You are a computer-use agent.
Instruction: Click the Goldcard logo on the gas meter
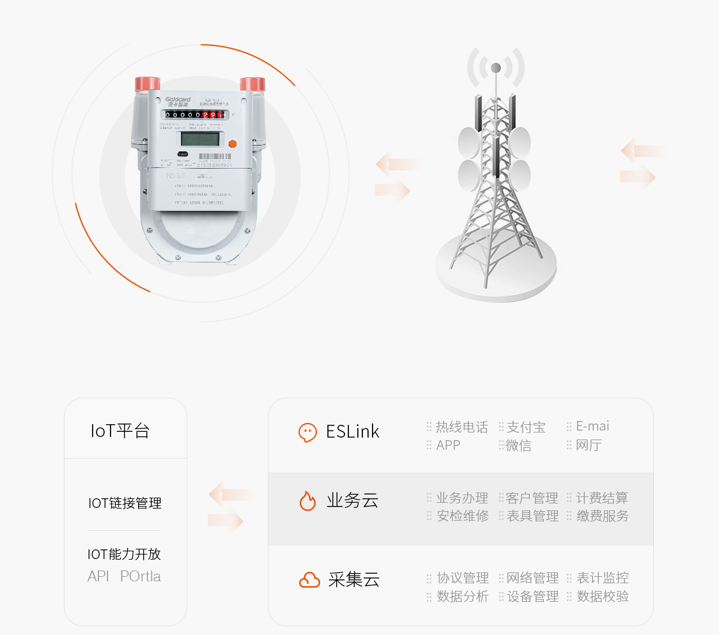[x=178, y=101]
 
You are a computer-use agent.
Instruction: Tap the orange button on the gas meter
[x=232, y=144]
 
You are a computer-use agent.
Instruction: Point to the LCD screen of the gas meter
[x=201, y=139]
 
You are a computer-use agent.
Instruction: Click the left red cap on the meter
[x=147, y=84]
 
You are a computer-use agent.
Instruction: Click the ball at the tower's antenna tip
[x=495, y=67]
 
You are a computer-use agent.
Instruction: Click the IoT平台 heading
[x=120, y=431]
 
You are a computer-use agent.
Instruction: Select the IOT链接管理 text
[x=125, y=503]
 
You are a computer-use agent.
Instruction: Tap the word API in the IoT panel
[x=98, y=576]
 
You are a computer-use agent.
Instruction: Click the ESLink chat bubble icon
[x=308, y=432]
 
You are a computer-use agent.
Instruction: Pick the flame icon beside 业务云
[x=308, y=501]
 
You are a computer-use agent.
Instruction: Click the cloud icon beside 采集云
[x=309, y=580]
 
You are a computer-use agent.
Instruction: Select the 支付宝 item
[x=526, y=427]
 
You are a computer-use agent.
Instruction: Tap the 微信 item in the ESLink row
[x=518, y=445]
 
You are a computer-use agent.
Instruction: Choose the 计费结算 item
[x=602, y=498]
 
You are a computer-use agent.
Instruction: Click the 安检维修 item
[x=462, y=516]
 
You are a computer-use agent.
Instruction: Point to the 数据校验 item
[x=603, y=596]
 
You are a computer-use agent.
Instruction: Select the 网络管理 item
[x=532, y=578]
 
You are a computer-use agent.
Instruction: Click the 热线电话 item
[x=461, y=427]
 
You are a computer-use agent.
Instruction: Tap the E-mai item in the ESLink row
[x=592, y=426]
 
